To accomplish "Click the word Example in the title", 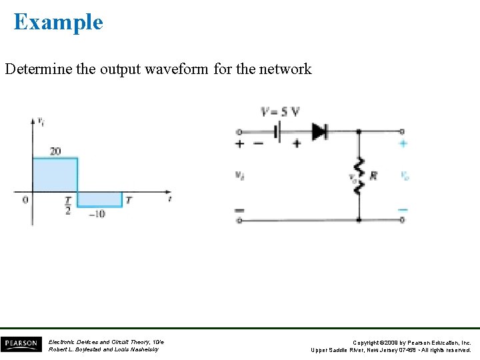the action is (x=58, y=22).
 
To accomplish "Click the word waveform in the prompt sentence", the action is (x=178, y=69).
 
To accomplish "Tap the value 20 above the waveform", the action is (x=55, y=151).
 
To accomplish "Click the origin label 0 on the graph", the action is (x=25, y=199).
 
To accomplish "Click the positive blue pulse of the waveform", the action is (x=55, y=175).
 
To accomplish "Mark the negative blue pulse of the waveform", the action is (x=100, y=199).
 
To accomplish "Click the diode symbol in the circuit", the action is (x=320, y=131).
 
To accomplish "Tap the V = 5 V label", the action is (x=280, y=111).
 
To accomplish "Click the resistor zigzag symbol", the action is (x=359, y=175).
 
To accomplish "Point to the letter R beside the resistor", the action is (x=373, y=175).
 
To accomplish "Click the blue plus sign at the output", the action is (x=403, y=143).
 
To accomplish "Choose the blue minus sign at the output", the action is (x=403, y=209).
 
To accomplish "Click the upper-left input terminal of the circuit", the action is (x=239, y=132).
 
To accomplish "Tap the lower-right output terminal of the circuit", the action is (x=402, y=220).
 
